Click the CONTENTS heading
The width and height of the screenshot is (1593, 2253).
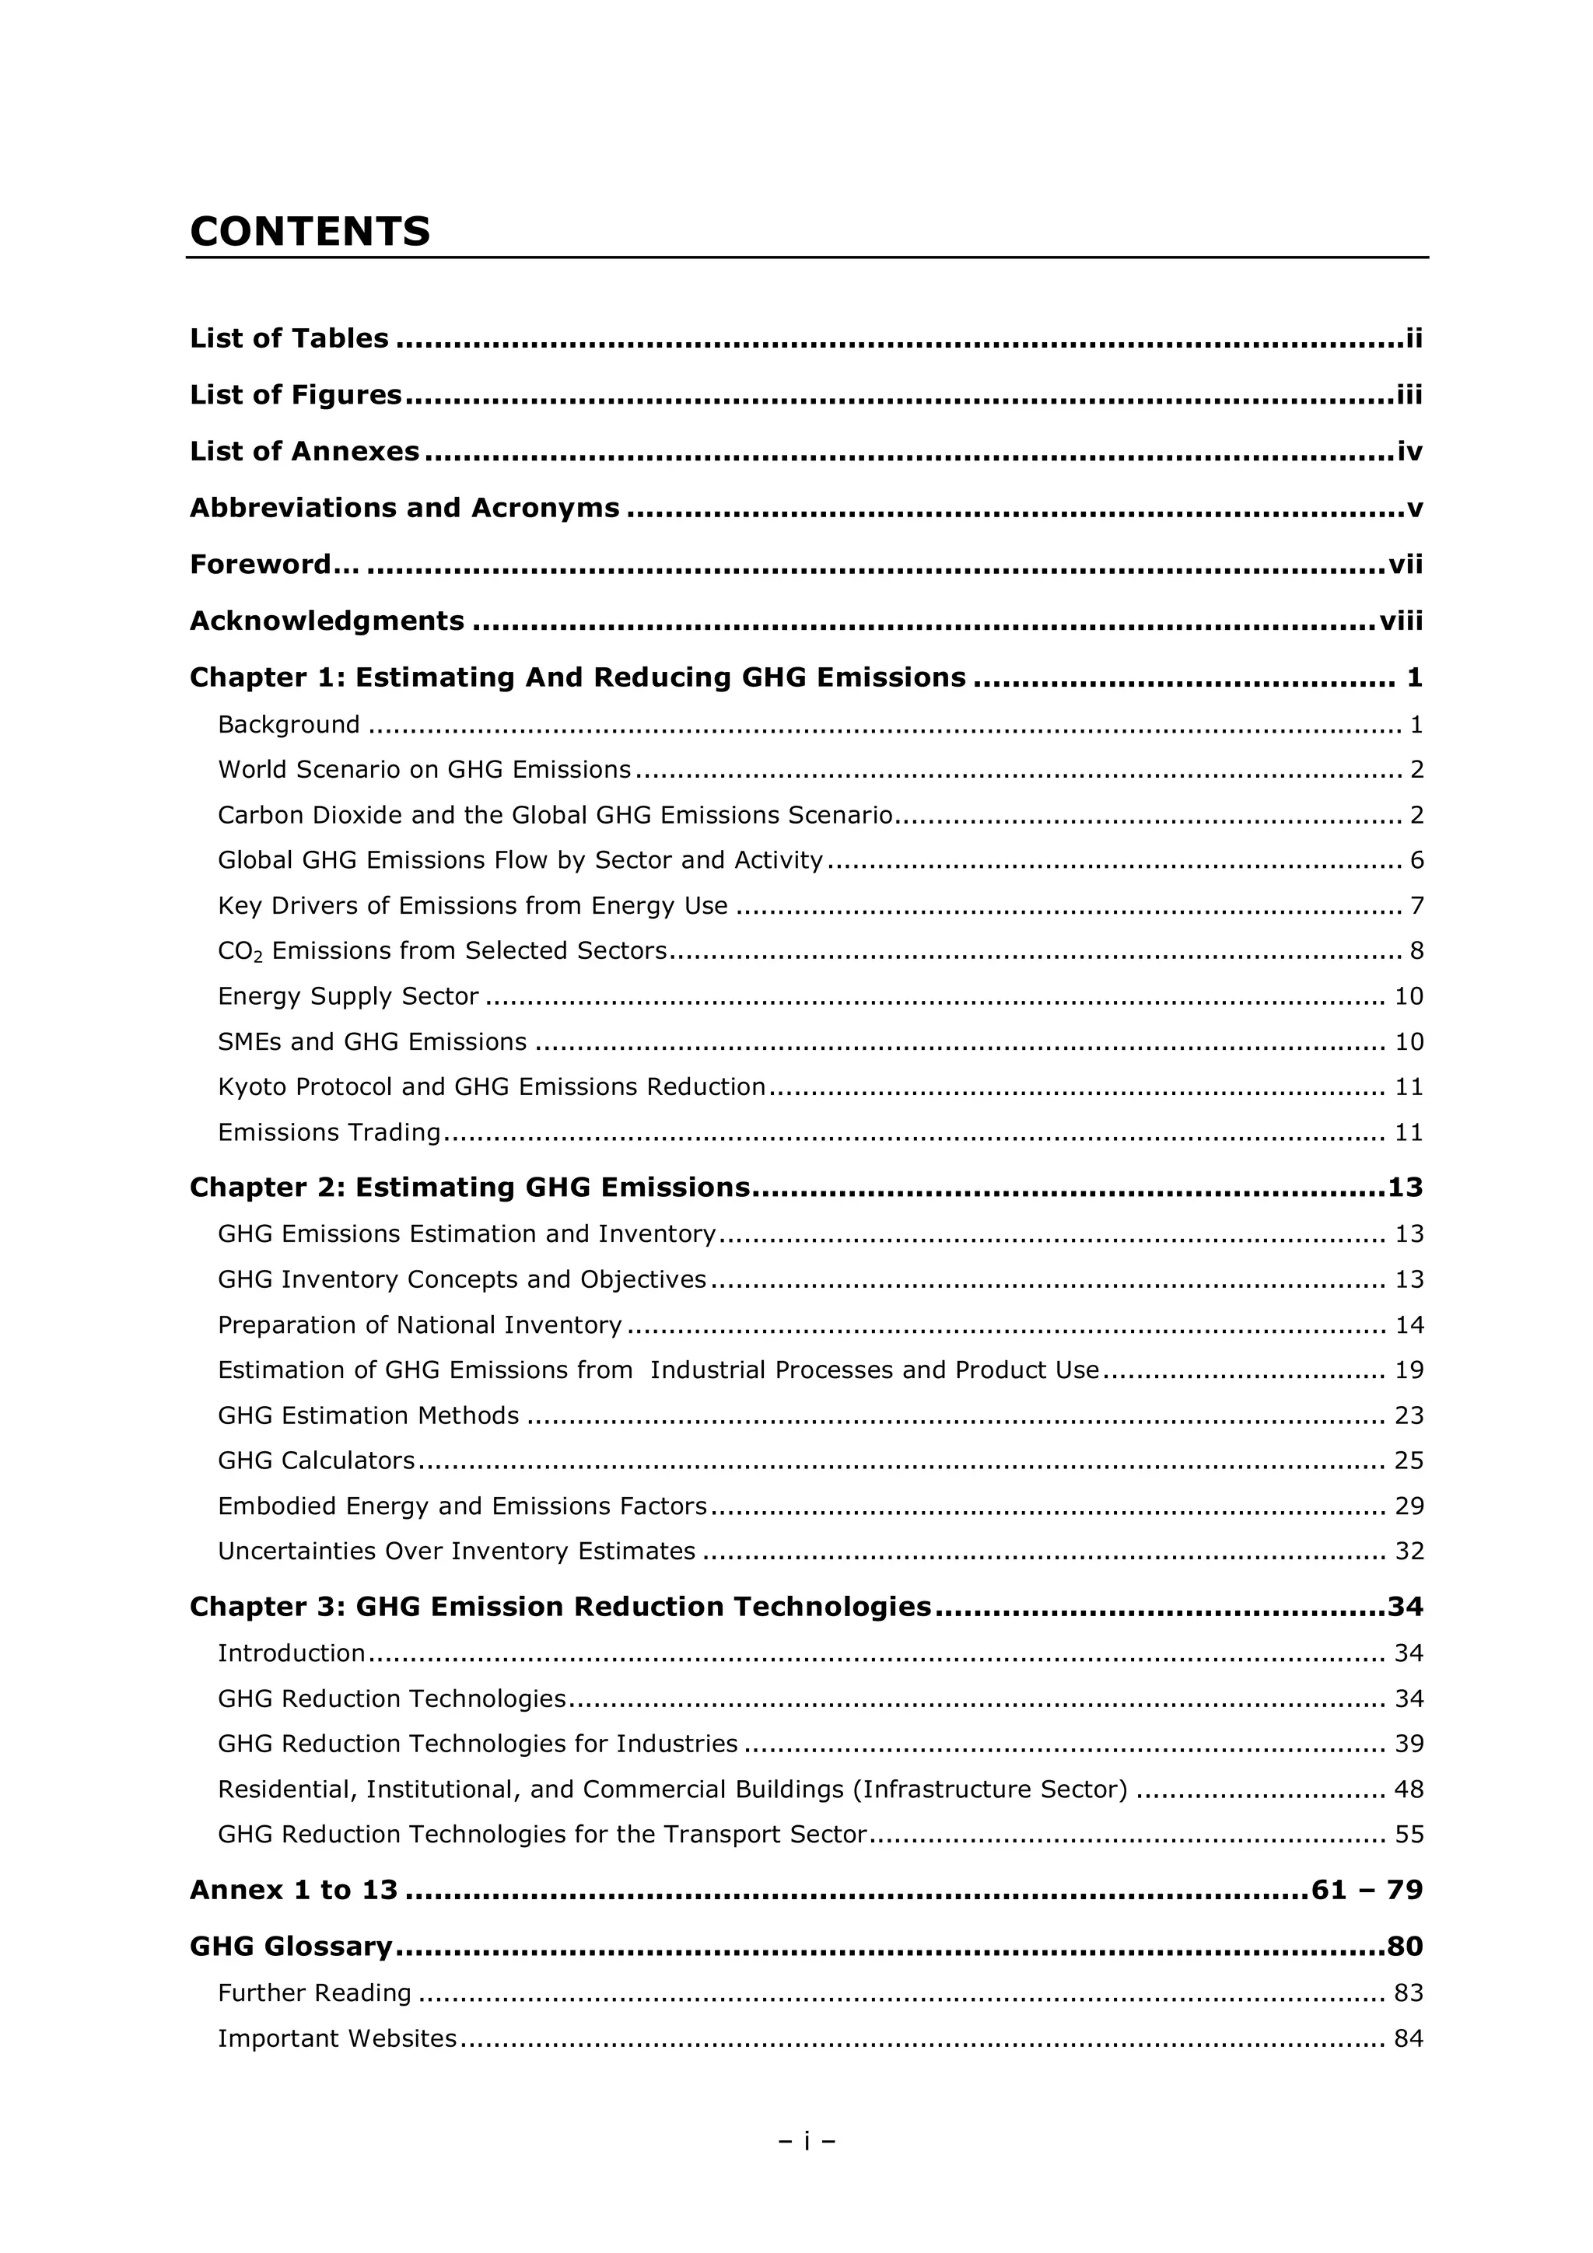pyautogui.click(x=310, y=232)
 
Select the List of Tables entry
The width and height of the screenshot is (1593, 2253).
pyautogui.click(x=289, y=338)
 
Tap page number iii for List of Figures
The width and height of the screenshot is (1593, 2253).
pyautogui.click(x=1409, y=394)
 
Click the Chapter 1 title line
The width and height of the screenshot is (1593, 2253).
pyautogui.click(x=577, y=677)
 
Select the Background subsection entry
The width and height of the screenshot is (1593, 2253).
pyautogui.click(x=289, y=724)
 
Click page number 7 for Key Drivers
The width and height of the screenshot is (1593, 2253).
pyautogui.click(x=1416, y=906)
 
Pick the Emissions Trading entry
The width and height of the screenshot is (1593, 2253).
pyautogui.click(x=329, y=1132)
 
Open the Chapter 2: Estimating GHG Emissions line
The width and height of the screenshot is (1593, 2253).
pyautogui.click(x=469, y=1188)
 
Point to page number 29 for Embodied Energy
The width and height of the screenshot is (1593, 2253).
pyautogui.click(x=1409, y=1506)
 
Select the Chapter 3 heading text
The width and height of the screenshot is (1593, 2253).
pyautogui.click(x=559, y=1607)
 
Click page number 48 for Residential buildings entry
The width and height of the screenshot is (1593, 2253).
pyautogui.click(x=1409, y=1789)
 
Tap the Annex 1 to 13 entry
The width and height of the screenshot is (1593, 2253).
pyautogui.click(x=293, y=1890)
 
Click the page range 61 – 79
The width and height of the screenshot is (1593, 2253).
pyautogui.click(x=1367, y=1890)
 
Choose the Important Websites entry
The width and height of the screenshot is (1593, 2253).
pyautogui.click(x=337, y=2038)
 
